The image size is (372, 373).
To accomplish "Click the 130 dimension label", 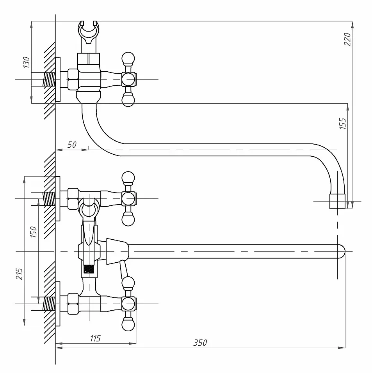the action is (27, 62).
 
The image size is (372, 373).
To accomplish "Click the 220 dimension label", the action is (347, 39).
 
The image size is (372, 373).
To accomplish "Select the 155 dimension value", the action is (342, 124).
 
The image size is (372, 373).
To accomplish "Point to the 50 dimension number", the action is (72, 145).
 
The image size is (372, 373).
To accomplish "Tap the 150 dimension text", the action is (34, 232).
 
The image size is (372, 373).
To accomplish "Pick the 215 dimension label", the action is (19, 274).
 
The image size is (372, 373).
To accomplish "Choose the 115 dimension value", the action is (95, 338).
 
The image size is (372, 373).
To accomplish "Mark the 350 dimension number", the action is (200, 343).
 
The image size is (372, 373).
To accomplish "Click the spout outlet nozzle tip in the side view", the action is (337, 201).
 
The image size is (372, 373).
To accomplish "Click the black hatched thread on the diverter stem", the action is (89, 269).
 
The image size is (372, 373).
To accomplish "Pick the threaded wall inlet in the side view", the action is (49, 79).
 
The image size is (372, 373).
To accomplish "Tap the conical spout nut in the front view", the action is (117, 251).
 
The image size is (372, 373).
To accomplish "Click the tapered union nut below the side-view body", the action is (89, 97).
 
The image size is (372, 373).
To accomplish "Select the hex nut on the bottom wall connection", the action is (73, 304).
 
